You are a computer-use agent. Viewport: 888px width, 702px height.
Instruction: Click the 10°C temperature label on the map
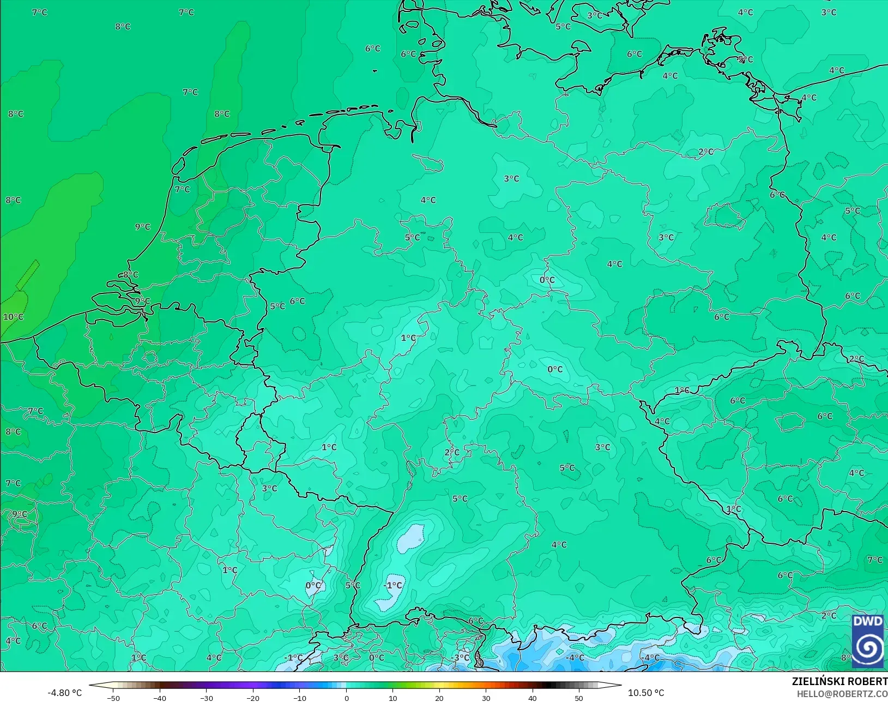click(x=14, y=317)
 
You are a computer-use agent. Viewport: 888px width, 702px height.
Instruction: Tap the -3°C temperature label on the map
click(x=461, y=657)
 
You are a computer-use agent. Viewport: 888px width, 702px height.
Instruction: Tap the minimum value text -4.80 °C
click(x=64, y=693)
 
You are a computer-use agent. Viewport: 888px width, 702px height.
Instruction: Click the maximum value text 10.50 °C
click(x=646, y=693)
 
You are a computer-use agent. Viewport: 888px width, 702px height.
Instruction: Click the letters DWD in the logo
click(x=868, y=622)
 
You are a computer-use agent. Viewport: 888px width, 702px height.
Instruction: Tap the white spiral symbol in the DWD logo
click(x=868, y=647)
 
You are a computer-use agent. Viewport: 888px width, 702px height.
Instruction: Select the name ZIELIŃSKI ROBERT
click(x=839, y=682)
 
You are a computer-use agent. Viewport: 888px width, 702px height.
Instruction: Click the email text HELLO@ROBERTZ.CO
click(x=842, y=694)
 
